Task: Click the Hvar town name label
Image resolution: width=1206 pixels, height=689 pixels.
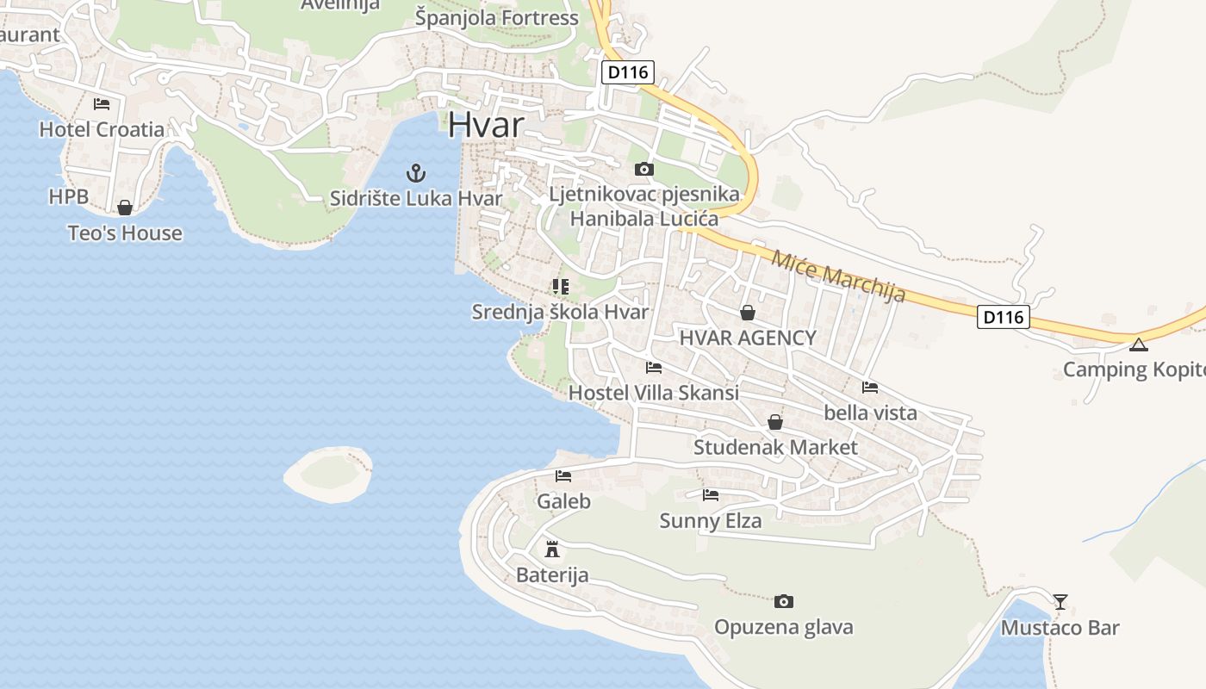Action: tap(485, 125)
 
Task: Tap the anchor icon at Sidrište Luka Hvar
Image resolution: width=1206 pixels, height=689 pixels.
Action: tap(416, 173)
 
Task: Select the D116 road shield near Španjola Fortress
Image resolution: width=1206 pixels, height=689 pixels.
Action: tap(627, 72)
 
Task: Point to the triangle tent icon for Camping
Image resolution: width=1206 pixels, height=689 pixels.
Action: tap(1139, 345)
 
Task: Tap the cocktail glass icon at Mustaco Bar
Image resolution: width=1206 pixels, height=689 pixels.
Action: tap(1060, 601)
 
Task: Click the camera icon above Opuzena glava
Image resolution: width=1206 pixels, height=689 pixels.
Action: tap(783, 601)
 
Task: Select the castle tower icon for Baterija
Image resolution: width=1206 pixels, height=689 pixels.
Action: tap(552, 549)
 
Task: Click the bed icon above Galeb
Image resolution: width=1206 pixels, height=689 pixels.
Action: tap(563, 475)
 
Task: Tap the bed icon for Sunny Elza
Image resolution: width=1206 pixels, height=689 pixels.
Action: tap(710, 494)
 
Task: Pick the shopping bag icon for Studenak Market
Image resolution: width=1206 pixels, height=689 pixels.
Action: tap(775, 422)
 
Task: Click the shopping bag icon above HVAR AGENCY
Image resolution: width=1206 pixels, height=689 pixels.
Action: tap(747, 313)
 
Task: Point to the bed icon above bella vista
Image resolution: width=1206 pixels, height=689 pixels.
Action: tap(870, 388)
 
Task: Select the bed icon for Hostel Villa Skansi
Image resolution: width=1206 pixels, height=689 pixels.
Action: tap(653, 368)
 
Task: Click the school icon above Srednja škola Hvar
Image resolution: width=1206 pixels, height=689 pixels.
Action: tap(561, 286)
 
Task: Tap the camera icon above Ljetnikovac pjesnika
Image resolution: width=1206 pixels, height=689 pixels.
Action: tap(643, 169)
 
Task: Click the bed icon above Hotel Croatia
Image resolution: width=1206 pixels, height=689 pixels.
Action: tap(102, 104)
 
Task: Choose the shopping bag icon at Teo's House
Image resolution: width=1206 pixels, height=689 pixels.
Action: tap(125, 208)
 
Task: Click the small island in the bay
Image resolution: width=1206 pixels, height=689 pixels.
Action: tap(328, 473)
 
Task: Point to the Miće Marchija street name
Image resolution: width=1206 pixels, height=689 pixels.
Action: tap(838, 276)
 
